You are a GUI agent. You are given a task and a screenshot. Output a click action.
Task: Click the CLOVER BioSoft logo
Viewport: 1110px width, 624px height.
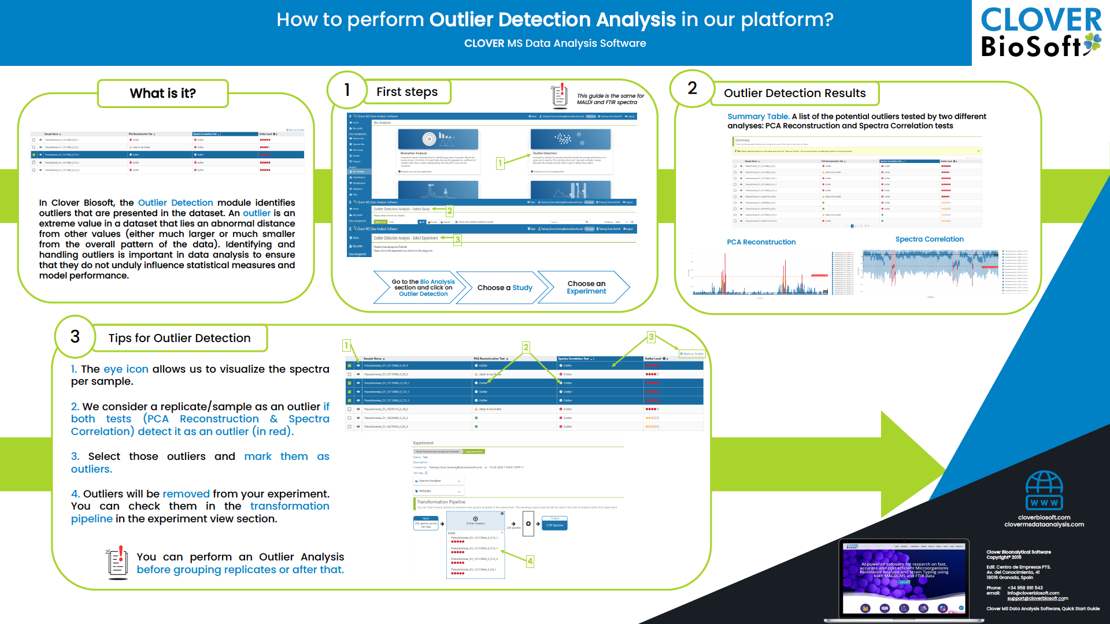point(1041,32)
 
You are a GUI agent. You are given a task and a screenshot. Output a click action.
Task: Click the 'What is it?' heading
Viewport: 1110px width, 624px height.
point(163,94)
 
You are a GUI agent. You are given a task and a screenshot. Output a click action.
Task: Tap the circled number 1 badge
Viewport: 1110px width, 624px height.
point(347,90)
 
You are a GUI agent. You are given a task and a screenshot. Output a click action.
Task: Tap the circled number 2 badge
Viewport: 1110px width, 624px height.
point(692,88)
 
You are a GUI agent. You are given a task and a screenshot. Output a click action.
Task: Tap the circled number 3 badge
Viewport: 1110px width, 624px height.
point(75,337)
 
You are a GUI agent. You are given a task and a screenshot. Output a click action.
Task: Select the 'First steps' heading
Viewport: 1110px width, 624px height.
point(407,92)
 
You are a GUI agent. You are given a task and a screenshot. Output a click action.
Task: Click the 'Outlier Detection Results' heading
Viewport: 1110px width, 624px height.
point(794,94)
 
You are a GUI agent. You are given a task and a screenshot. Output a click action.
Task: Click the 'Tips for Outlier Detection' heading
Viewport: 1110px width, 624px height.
point(179,338)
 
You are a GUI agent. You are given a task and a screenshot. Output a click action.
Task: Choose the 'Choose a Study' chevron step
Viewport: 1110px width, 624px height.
point(505,288)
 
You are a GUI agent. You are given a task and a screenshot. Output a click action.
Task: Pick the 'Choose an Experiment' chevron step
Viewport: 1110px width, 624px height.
point(586,287)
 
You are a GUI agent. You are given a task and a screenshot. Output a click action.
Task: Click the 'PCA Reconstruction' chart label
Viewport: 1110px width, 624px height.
point(761,242)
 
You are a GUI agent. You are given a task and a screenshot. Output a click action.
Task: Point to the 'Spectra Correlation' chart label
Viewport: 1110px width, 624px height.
point(929,239)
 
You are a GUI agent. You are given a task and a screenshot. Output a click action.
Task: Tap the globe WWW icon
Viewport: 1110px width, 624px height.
point(1044,491)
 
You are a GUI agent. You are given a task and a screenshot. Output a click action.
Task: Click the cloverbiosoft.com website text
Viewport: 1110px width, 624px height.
point(1044,518)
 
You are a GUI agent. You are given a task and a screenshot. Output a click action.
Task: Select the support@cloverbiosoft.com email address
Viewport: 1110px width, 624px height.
point(1037,599)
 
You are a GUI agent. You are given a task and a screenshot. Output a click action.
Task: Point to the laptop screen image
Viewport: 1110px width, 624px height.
point(904,578)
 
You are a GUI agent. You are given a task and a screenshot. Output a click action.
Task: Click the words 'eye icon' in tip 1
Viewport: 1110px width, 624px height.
point(126,369)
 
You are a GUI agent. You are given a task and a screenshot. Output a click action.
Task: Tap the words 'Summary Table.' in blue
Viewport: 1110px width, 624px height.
point(758,117)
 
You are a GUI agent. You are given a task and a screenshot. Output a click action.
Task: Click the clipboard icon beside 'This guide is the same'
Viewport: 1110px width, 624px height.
point(559,96)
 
